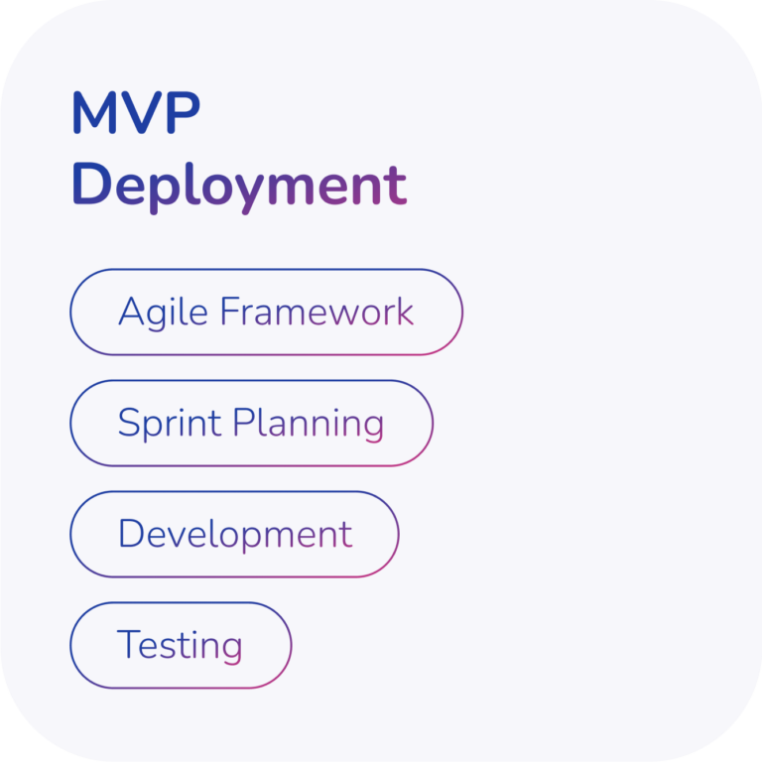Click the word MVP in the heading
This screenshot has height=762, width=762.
pos(136,112)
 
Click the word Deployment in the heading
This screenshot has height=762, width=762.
pos(239,188)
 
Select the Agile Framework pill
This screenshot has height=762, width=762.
pos(266,312)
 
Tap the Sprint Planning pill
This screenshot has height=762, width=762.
pos(251,424)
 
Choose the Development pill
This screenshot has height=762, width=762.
pos(234,535)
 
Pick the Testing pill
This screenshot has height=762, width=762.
pos(181,645)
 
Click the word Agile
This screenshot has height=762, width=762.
pos(164,314)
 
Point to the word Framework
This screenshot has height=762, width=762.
pos(317,311)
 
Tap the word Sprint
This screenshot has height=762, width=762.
pos(170,424)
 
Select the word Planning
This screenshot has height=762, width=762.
pos(309,425)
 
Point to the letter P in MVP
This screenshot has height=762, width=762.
pos(184,112)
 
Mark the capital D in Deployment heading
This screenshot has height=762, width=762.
pos(92,185)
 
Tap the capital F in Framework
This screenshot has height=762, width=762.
pos(231,311)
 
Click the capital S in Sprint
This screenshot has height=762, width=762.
pos(129,422)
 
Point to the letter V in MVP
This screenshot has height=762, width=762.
pos(141,112)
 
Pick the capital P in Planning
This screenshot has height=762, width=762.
pos(244,422)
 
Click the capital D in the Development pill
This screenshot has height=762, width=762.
pos(132,533)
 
